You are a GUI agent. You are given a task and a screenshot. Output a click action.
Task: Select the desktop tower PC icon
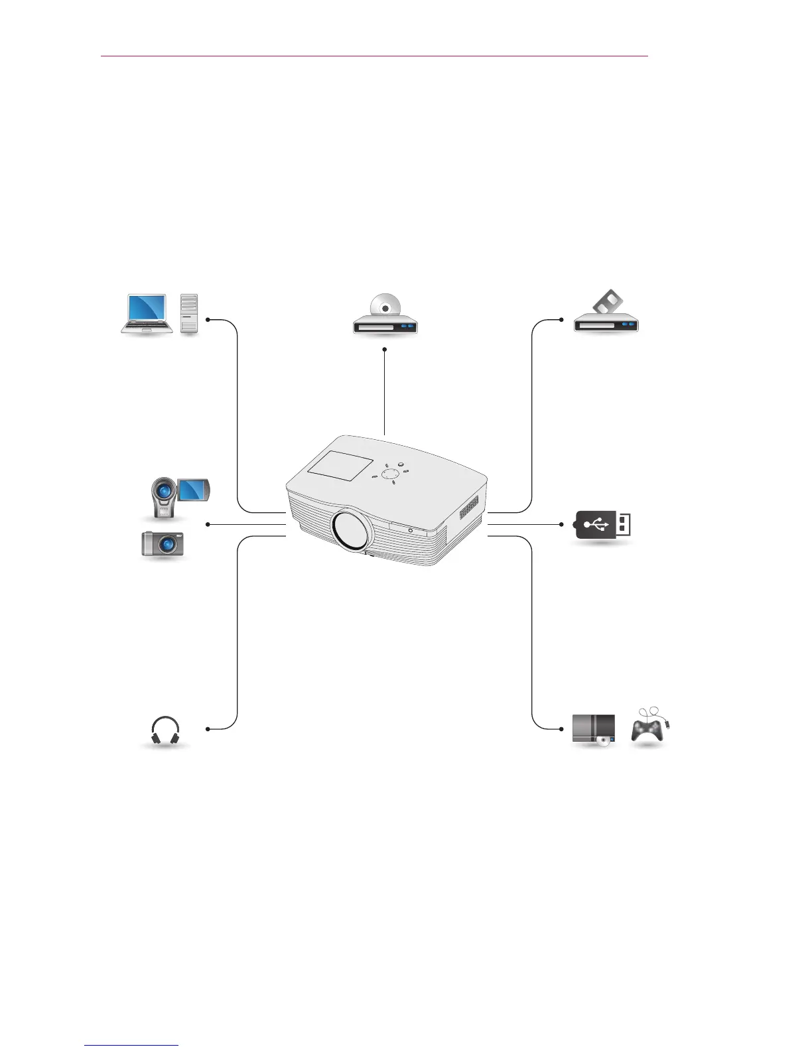[x=189, y=313]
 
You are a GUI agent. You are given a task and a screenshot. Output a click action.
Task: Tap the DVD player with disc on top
[x=385, y=317]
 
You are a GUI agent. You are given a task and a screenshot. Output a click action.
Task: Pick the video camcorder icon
[x=178, y=497]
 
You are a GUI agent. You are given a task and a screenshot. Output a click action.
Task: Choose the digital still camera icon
[x=163, y=544]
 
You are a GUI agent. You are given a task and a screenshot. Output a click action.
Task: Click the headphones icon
[x=165, y=731]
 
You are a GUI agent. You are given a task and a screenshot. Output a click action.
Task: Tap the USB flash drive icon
[x=602, y=525]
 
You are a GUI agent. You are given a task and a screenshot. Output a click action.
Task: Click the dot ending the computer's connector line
[x=208, y=320]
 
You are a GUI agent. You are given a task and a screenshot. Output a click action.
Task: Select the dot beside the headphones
[x=208, y=729]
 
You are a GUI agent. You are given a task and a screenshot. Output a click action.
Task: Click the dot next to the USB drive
[x=562, y=524]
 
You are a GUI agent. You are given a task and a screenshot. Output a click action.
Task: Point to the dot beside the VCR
[x=562, y=320]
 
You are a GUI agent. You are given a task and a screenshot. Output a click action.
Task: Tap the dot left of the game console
[x=562, y=729]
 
